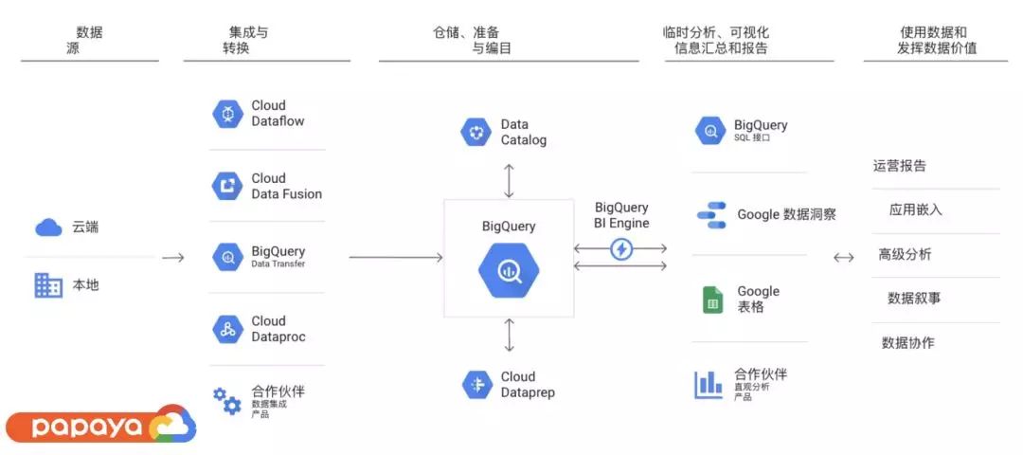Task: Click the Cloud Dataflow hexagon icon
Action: point(228,114)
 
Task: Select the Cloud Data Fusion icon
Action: point(228,186)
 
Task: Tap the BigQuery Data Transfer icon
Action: point(228,257)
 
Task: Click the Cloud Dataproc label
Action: point(278,329)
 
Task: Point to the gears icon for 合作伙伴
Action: point(226,401)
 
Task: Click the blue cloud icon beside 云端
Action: point(48,227)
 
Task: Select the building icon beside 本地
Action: point(48,284)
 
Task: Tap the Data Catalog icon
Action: point(476,132)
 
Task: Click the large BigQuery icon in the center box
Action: point(510,269)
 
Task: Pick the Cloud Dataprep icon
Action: point(476,384)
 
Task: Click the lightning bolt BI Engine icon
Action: point(621,249)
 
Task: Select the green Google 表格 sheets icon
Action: point(712,299)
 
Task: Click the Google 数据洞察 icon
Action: point(711,215)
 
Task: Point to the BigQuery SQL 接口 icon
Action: point(709,132)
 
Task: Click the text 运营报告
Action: point(900,166)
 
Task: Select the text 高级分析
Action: point(905,254)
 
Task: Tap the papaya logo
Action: point(99,426)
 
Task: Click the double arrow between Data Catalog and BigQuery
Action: point(510,179)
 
